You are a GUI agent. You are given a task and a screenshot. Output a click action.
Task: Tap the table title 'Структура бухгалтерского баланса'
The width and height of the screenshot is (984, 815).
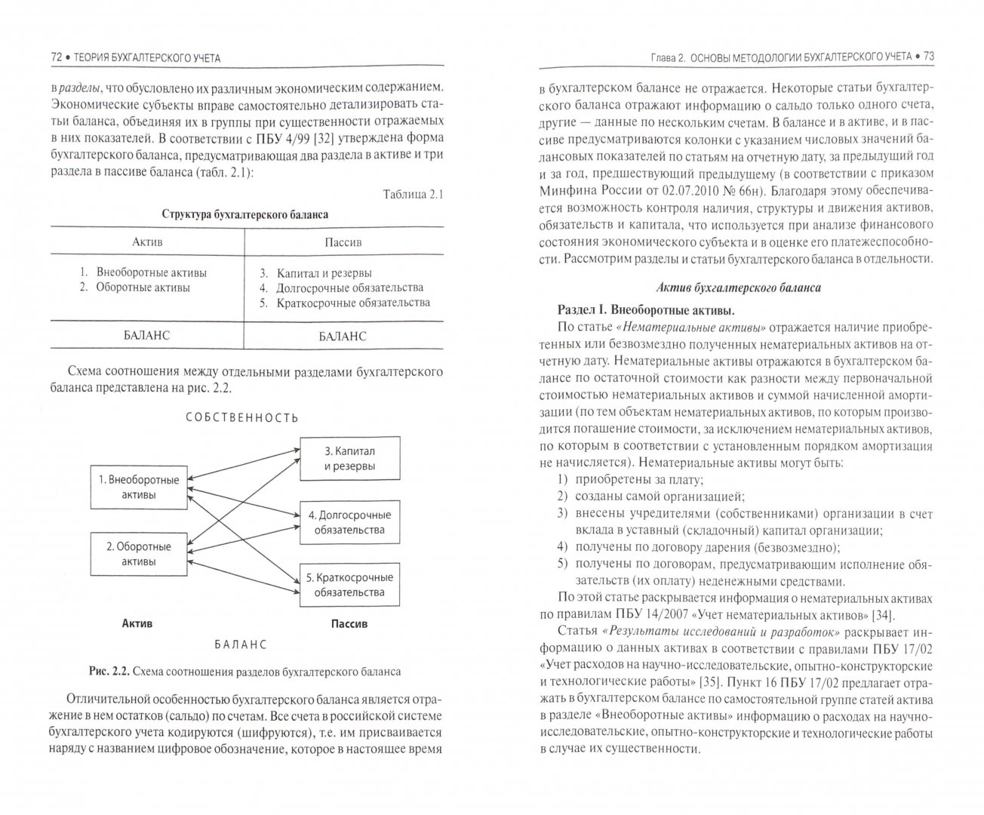click(x=245, y=214)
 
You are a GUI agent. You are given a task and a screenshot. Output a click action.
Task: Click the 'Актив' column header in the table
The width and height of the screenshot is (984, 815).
click(x=147, y=242)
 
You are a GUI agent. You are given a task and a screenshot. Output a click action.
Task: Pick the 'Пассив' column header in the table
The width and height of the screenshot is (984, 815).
click(x=343, y=242)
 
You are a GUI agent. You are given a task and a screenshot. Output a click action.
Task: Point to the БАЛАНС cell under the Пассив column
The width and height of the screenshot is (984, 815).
click(x=343, y=336)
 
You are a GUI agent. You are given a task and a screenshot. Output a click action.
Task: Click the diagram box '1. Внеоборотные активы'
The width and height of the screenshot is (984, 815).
click(x=139, y=487)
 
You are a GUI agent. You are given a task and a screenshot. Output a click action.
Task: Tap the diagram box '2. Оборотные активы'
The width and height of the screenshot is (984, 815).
click(x=139, y=554)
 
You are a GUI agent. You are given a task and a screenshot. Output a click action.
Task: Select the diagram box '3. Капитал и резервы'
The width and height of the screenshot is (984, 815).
click(x=349, y=458)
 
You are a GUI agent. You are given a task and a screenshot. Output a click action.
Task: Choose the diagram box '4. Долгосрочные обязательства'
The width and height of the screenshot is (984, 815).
click(x=349, y=522)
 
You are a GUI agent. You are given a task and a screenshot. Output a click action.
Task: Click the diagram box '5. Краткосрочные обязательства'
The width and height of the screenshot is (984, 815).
click(x=349, y=585)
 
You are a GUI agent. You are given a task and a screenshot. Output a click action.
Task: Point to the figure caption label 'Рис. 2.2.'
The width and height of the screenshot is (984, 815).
click(x=109, y=671)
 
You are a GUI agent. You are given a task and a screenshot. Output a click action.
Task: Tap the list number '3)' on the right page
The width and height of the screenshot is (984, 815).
click(x=562, y=513)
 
